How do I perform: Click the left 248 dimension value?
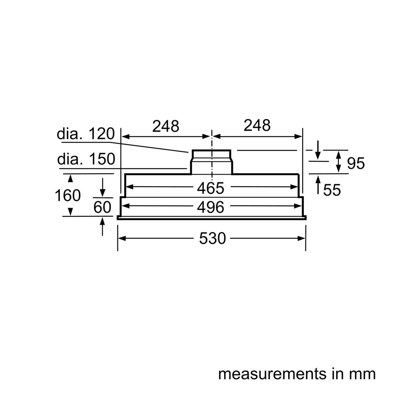pos(166,126)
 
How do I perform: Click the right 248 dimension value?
pos(257,126)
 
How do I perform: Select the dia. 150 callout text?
pos(86,159)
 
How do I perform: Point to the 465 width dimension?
pos(210,188)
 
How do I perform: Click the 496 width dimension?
pos(210,207)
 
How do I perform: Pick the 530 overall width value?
pos(212,238)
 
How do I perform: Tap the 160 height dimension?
pos(68,196)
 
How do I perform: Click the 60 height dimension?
pos(102,207)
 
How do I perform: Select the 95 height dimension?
pos(356,163)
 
